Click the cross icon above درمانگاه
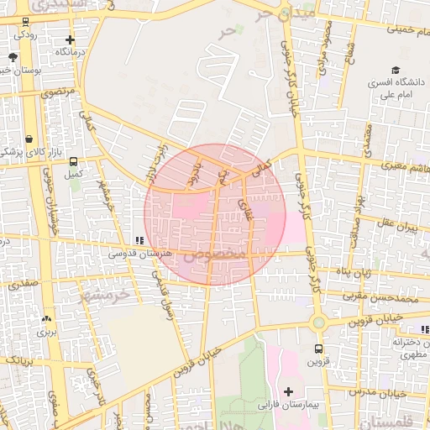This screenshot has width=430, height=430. tap(70, 39)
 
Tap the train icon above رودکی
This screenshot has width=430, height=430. tap(25, 23)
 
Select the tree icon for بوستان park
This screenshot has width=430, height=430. tap(13, 58)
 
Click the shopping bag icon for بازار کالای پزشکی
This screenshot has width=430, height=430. tap(29, 139)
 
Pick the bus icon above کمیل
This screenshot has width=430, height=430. tap(74, 161)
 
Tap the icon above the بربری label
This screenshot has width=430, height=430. tap(45, 319)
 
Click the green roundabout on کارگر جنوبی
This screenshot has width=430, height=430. tap(318, 322)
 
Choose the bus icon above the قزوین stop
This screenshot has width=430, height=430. tap(318, 349)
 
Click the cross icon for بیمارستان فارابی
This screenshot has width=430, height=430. tap(289, 391)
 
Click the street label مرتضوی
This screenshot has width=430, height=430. tap(59, 90)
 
